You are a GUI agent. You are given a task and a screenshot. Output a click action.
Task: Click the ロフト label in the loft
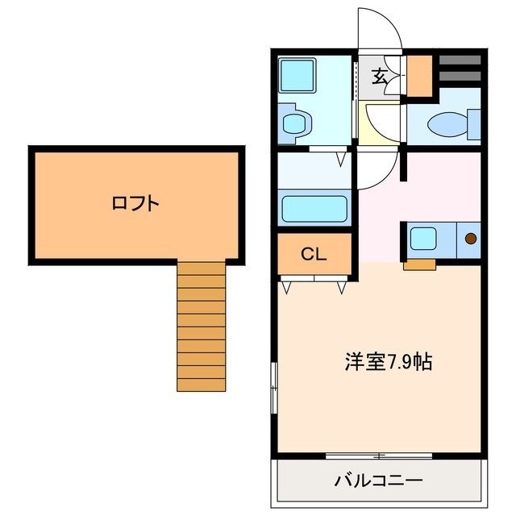[x=135, y=203]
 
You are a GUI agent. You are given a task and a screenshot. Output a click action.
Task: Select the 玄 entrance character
[x=379, y=77]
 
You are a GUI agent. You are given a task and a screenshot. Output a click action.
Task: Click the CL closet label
[x=313, y=255]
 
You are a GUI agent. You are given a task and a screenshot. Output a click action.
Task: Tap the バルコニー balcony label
[x=378, y=481]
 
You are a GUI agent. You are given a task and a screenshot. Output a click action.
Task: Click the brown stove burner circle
[x=470, y=238]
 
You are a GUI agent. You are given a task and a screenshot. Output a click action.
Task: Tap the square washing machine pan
[x=300, y=77]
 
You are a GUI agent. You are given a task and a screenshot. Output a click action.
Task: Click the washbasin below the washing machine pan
[x=296, y=124]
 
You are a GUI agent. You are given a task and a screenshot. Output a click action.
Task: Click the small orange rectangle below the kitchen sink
[x=419, y=263]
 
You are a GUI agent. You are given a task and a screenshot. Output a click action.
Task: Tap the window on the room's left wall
[x=275, y=388]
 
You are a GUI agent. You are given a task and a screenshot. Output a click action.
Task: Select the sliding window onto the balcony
[x=378, y=456]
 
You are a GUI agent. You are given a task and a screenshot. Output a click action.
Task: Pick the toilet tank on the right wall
[x=474, y=125]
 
